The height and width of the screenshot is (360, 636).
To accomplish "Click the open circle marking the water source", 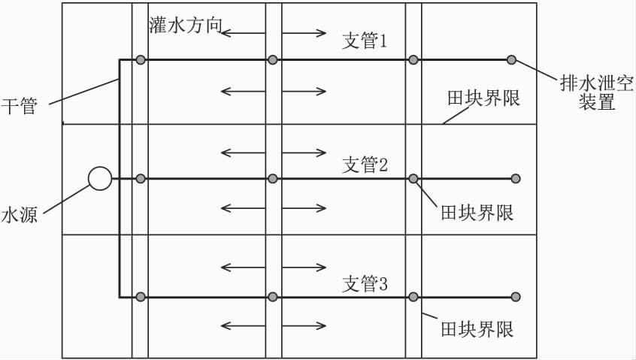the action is [x=100, y=178].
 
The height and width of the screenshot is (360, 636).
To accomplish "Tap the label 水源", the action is [x=19, y=214].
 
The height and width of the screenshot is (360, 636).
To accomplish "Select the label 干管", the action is [x=19, y=106].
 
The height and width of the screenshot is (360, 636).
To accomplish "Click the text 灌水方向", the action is [x=186, y=25].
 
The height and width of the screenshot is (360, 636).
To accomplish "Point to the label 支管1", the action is [x=365, y=41].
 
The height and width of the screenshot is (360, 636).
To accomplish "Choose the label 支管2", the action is [x=365, y=165].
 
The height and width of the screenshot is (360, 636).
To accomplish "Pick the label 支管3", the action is [x=365, y=283].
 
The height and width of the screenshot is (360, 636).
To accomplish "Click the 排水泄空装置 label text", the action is [x=597, y=92].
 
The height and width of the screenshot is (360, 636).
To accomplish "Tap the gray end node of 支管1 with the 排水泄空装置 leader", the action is [x=511, y=60].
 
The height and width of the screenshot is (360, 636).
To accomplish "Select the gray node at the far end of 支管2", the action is [x=516, y=178].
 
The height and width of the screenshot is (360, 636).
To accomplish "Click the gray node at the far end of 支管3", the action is [x=516, y=297].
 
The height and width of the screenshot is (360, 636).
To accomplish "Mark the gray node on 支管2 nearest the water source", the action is [x=141, y=178].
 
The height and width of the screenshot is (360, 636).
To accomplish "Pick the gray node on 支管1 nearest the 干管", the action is [x=141, y=60].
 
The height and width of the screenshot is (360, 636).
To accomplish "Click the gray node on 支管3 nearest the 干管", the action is [x=141, y=297].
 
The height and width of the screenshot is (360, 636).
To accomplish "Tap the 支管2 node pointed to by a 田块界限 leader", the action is [x=413, y=178].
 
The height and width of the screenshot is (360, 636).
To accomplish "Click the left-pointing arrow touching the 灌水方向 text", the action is [x=243, y=33].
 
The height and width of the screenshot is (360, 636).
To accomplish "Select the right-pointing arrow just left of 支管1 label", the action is [x=304, y=33].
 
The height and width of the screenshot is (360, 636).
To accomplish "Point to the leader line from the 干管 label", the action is [x=84, y=92].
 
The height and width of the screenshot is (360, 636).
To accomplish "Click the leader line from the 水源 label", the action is [x=65, y=199].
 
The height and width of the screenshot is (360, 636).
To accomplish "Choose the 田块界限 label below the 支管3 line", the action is [x=477, y=329].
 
